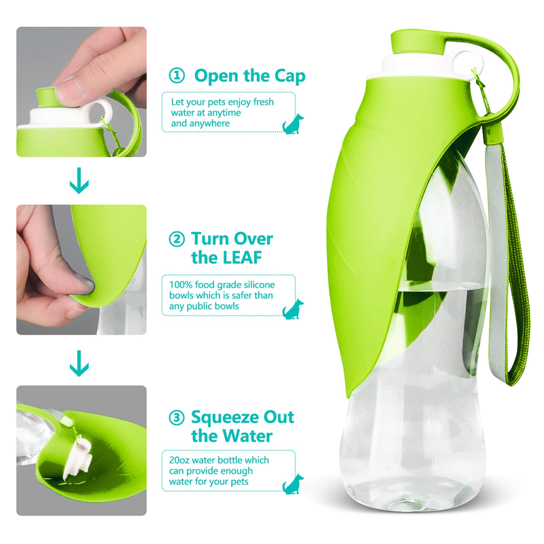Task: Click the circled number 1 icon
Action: coord(177,75)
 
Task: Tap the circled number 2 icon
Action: coord(177,239)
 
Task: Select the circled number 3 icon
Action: coord(177,417)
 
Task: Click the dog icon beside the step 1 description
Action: coord(293,124)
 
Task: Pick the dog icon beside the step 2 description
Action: coord(293,309)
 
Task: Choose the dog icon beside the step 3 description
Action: coord(293,484)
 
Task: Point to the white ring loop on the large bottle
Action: coord(462,60)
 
